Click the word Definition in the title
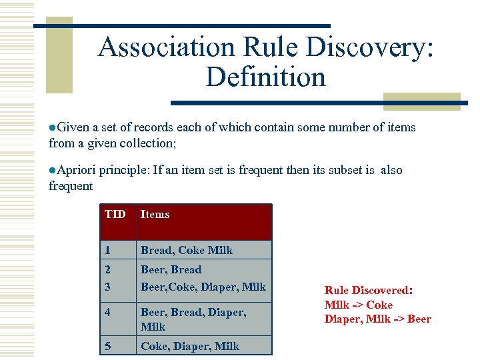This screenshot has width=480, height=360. click(265, 77)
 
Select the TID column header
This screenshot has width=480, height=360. click(115, 214)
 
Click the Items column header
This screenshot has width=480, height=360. click(155, 214)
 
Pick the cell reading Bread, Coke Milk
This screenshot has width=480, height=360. click(186, 250)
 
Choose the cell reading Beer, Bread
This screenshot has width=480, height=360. click(171, 269)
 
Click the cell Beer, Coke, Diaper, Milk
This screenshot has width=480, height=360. click(203, 287)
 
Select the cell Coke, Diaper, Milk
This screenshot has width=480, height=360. click(189, 346)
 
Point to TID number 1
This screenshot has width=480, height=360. click(108, 250)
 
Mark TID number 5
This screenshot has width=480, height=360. click(108, 346)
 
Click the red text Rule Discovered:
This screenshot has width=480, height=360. click(369, 291)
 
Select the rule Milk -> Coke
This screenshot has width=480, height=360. click(359, 305)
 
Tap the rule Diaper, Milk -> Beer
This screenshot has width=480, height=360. click(377, 319)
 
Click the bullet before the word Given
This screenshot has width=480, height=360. click(53, 127)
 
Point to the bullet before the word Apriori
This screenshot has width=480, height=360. click(53, 171)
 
